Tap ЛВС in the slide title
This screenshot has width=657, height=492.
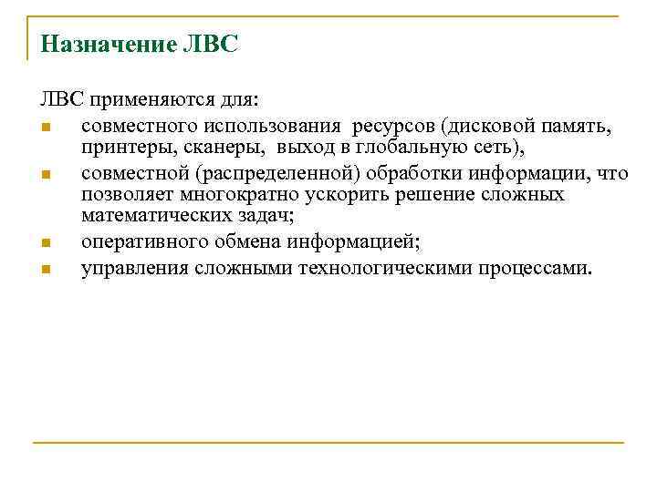[212, 45]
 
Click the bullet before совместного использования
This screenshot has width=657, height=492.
[46, 126]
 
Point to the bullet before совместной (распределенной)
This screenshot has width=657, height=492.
[46, 174]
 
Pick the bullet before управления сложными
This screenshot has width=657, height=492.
[46, 270]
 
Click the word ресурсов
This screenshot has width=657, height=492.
[391, 124]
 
